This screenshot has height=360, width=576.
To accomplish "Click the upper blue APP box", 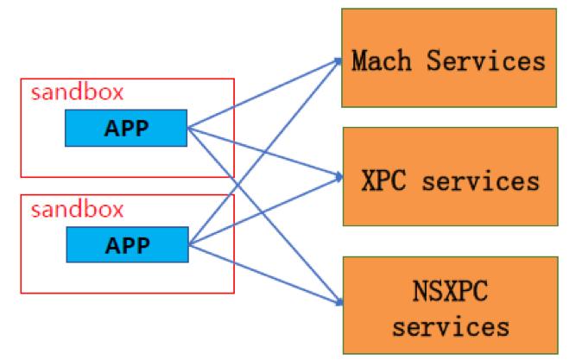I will tap(126, 129).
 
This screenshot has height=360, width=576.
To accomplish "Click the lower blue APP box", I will tap(126, 244).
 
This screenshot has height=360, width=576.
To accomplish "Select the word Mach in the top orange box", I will tap(381, 61).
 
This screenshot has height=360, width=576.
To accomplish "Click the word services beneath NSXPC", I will tap(448, 326).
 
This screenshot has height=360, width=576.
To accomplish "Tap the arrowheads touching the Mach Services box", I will tap(337, 60).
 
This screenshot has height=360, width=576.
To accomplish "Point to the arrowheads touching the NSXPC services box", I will tap(336, 301).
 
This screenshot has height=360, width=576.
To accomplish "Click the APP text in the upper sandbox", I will tap(126, 129).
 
